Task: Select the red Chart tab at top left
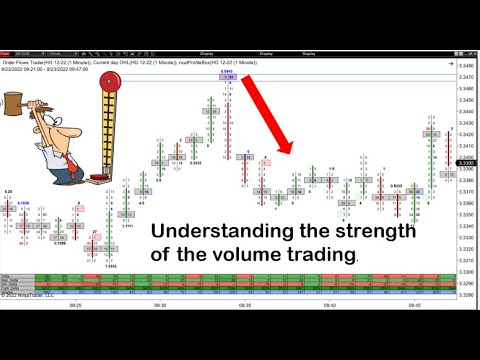8,54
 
